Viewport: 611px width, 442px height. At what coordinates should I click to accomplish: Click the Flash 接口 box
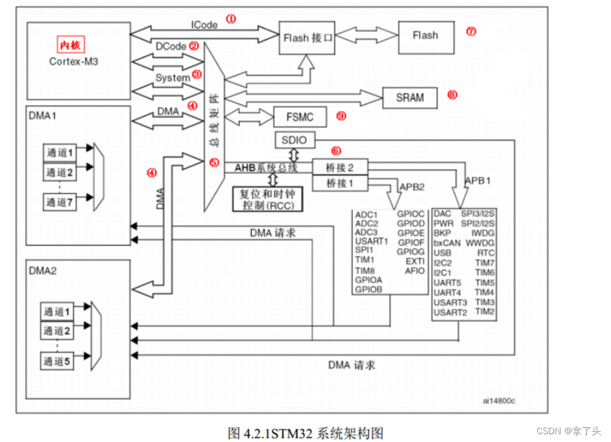[x=309, y=38]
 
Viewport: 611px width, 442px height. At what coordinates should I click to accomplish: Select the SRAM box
[x=410, y=98]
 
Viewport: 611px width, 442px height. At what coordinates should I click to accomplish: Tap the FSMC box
[x=300, y=117]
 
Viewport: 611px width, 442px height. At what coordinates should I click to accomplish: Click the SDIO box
[x=294, y=140]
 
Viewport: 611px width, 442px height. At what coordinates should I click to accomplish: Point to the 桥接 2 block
[x=340, y=167]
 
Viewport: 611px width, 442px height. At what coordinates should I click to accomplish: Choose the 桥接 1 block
[x=340, y=183]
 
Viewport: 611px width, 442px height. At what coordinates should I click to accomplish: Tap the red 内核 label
[x=71, y=45]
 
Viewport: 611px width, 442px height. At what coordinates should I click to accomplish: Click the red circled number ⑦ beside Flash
[x=471, y=31]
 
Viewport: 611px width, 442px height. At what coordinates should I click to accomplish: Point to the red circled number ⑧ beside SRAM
[x=452, y=95]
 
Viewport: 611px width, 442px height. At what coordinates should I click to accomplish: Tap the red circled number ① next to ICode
[x=230, y=19]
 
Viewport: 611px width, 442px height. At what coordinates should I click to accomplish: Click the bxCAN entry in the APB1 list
[x=447, y=242]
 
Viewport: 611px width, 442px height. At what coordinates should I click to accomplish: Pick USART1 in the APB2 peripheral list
[x=372, y=241]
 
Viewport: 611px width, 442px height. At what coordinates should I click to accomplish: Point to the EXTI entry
[x=414, y=261]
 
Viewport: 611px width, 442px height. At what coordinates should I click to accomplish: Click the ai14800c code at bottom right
[x=499, y=401]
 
